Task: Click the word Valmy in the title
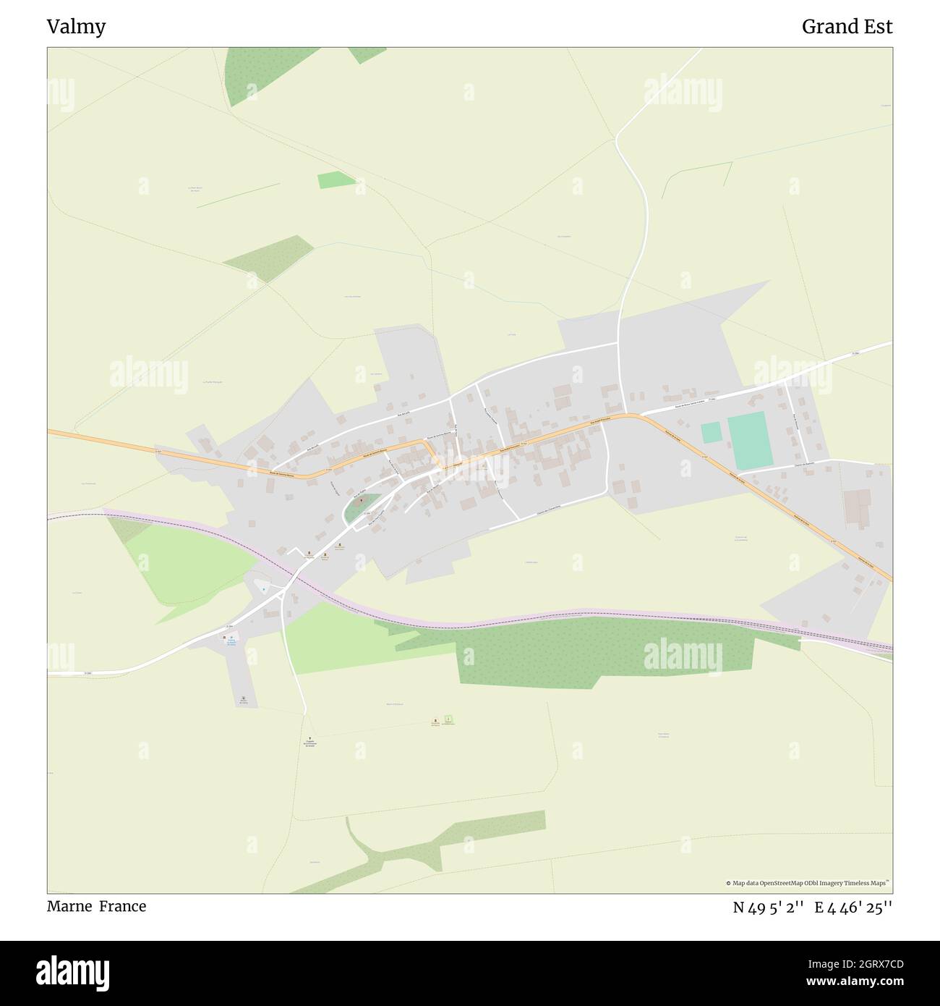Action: (x=76, y=27)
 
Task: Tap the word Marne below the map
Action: (x=69, y=906)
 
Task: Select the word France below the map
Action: (x=122, y=906)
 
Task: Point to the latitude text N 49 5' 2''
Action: (x=769, y=908)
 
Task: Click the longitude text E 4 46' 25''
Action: (x=853, y=908)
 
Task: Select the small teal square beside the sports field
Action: (x=711, y=433)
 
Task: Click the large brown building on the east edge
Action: (x=858, y=507)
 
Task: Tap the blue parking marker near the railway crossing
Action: (x=263, y=590)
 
